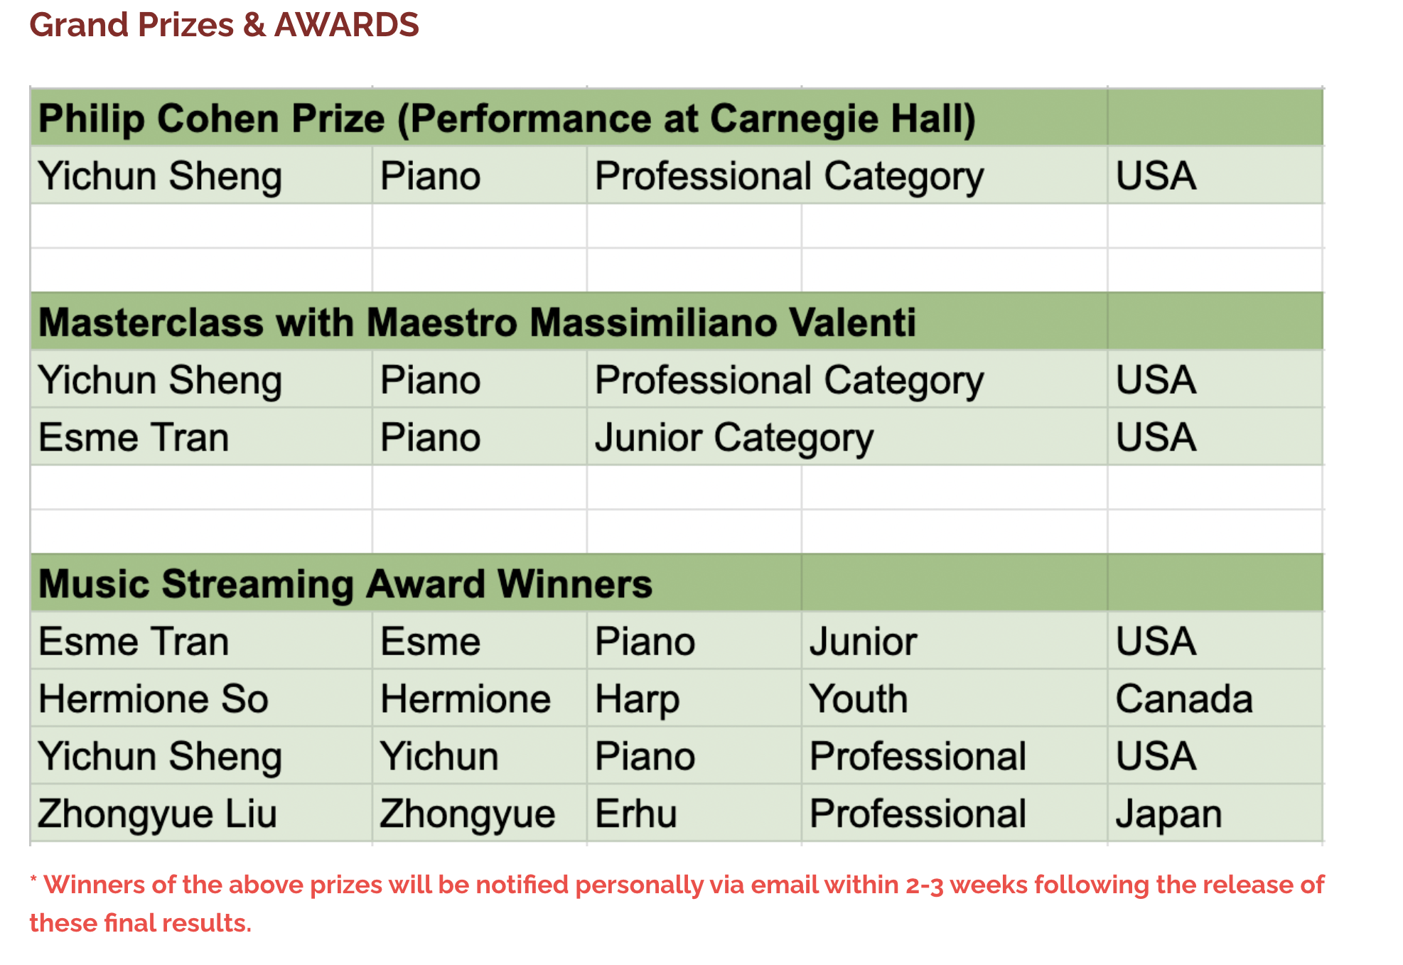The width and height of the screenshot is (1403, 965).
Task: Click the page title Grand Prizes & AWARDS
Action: [224, 25]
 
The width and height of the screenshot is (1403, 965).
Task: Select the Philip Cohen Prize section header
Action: [507, 118]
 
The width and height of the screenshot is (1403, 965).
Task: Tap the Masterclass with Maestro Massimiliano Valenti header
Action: [477, 323]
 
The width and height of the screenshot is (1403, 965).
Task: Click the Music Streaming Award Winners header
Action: [345, 584]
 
